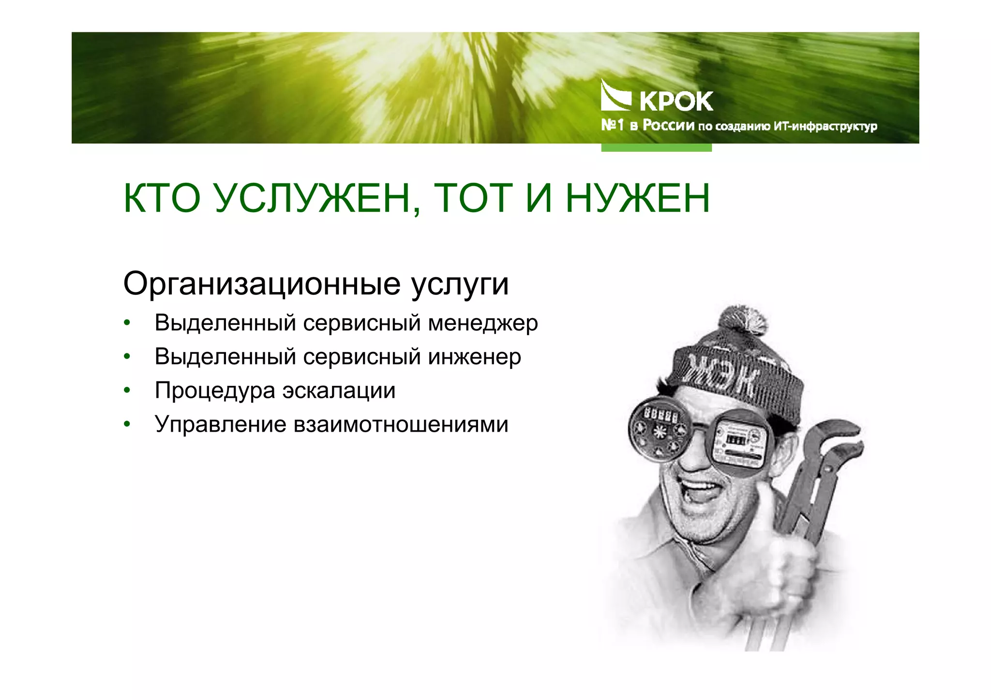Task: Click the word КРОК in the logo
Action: (x=676, y=101)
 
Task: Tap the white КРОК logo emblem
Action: (x=615, y=96)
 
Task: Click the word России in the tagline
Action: (x=668, y=126)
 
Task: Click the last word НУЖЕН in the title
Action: (x=638, y=199)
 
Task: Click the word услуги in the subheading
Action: (x=460, y=284)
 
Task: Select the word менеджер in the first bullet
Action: (x=483, y=323)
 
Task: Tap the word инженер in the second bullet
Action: (x=475, y=357)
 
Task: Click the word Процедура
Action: (x=215, y=391)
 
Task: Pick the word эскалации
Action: (x=339, y=391)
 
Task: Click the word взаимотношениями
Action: (x=401, y=424)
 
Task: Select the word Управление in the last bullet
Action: (x=221, y=424)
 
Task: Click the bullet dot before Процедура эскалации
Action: (x=127, y=391)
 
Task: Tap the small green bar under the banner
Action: (x=656, y=147)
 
